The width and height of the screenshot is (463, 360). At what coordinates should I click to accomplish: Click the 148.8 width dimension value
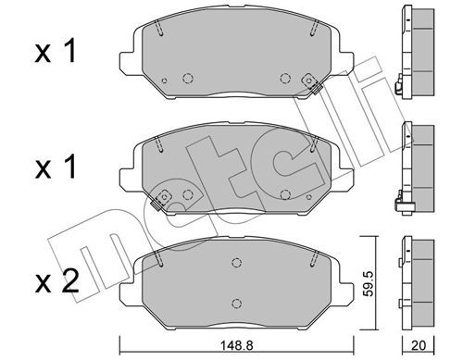pyautogui.click(x=236, y=345)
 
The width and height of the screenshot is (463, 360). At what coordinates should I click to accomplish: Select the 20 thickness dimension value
pyautogui.click(x=419, y=345)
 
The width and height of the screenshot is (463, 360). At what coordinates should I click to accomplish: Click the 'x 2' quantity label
pyautogui.click(x=57, y=282)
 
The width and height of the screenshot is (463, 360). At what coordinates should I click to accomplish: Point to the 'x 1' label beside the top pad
pyautogui.click(x=56, y=52)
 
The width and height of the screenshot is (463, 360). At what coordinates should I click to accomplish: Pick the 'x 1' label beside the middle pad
pyautogui.click(x=56, y=167)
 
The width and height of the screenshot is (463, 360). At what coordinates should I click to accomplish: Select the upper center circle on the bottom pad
pyautogui.click(x=236, y=263)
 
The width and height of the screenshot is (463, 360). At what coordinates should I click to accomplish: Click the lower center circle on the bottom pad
pyautogui.click(x=236, y=303)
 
